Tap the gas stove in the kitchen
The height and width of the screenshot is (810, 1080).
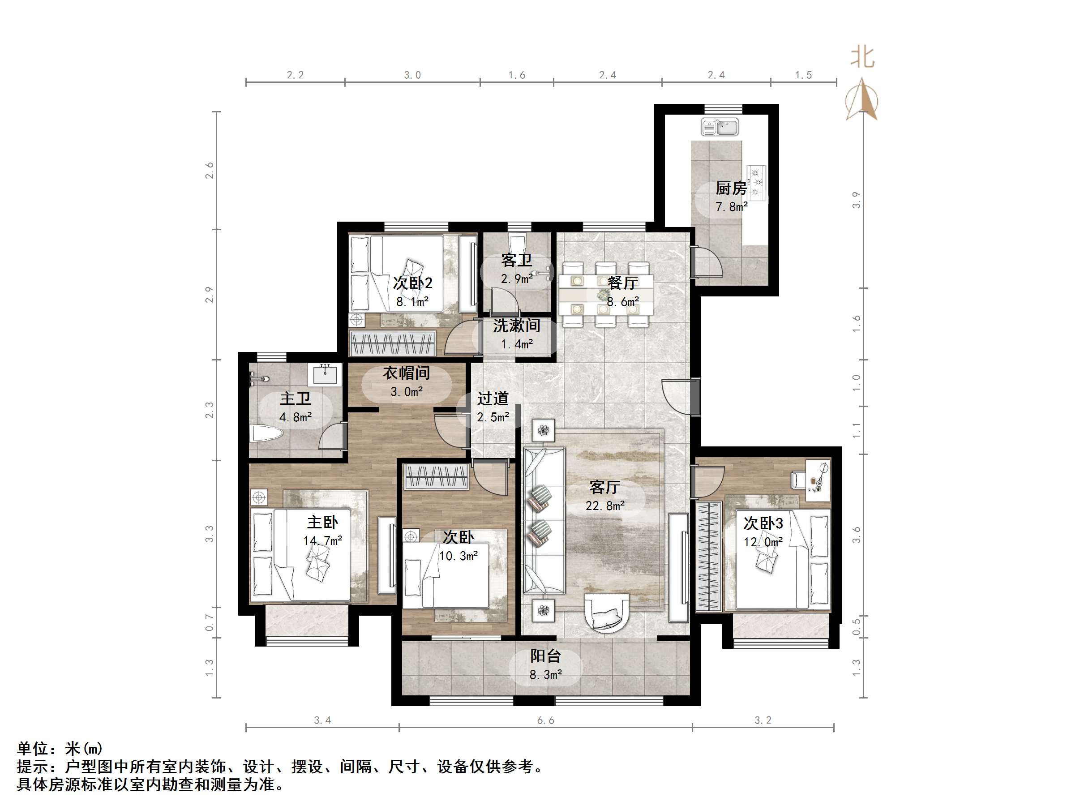pos(757,182)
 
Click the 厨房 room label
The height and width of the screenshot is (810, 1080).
pos(731,188)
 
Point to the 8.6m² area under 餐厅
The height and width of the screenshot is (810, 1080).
pos(622,302)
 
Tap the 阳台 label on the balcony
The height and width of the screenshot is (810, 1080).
pos(545,656)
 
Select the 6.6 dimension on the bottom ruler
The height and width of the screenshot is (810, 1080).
pos(545,720)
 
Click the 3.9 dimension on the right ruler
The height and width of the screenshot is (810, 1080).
pos(856,200)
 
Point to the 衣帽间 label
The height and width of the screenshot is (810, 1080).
pos(406,373)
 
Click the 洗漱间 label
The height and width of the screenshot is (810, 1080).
pos(516,325)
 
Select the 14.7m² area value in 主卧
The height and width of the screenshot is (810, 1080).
pos(322,540)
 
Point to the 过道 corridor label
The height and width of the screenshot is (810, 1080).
pos(493,399)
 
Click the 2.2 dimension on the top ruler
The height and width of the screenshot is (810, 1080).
pos(295,75)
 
